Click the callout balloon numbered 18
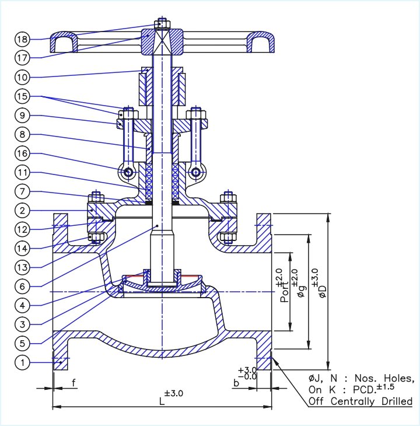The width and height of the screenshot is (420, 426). [x=22, y=40]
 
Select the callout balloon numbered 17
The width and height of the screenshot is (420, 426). [x=22, y=57]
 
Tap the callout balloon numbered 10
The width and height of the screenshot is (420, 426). [x=22, y=76]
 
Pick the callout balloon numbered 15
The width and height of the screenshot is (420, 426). [x=22, y=96]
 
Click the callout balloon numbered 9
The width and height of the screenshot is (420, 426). [x=22, y=116]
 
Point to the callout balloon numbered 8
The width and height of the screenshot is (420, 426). [x=22, y=135]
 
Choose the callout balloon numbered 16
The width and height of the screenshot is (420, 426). [x=22, y=154]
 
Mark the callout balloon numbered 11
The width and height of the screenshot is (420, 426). [x=22, y=173]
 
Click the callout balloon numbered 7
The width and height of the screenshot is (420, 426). [x=22, y=192]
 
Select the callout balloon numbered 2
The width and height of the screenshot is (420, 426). [x=22, y=211]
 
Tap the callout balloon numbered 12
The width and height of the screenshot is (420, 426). [x=22, y=229]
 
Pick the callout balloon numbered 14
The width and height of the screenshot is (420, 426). [x=22, y=248]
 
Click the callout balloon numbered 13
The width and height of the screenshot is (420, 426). [x=22, y=267]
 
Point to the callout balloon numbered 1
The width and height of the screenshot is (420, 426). [x=22, y=363]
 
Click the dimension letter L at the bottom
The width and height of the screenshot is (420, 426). [x=161, y=402]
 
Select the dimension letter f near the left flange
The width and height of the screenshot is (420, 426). [x=73, y=383]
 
